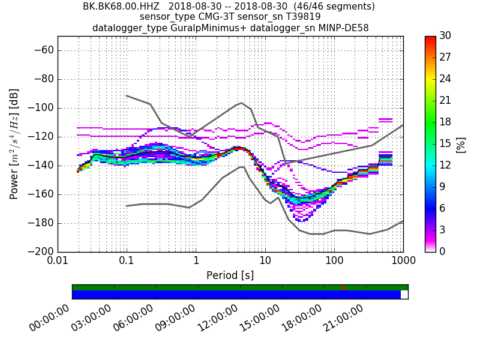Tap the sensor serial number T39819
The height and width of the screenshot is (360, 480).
point(299,17)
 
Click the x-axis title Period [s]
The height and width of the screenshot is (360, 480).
point(230,275)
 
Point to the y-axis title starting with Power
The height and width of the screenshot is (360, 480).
point(14,144)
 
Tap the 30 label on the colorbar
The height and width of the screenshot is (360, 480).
point(445,37)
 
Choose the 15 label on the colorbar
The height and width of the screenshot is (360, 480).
point(445,144)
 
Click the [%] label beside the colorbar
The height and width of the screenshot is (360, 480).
point(461,144)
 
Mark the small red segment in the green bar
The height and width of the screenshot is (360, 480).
point(343,287)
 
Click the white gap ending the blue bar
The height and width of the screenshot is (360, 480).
point(404,295)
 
